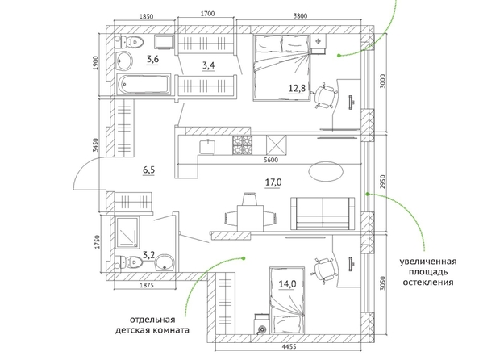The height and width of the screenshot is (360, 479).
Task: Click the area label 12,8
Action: click(297, 89)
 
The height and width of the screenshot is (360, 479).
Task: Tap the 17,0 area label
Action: click(273, 182)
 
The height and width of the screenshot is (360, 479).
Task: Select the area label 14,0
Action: click(287, 284)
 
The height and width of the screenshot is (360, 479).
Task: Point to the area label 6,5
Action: click(148, 170)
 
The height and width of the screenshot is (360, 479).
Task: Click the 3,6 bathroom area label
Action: click(152, 59)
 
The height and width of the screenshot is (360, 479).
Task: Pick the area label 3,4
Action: click(208, 65)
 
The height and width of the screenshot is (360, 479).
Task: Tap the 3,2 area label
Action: click(149, 255)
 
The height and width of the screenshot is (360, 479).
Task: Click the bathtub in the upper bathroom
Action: click(144, 83)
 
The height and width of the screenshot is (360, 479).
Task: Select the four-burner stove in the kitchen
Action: click(242, 144)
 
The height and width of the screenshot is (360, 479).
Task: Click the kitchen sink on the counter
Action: click(207, 147)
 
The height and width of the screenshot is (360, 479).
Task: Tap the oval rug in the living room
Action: click(326, 171)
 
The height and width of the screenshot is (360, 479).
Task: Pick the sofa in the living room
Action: click(323, 213)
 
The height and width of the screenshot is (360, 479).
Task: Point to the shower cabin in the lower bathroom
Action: click(127, 232)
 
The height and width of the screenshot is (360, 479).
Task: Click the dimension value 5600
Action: click(271, 160)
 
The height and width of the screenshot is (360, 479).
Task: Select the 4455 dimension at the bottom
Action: click(289, 347)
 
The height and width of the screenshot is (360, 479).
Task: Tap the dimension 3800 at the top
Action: click(300, 16)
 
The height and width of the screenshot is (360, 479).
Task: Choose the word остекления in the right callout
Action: click(427, 282)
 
